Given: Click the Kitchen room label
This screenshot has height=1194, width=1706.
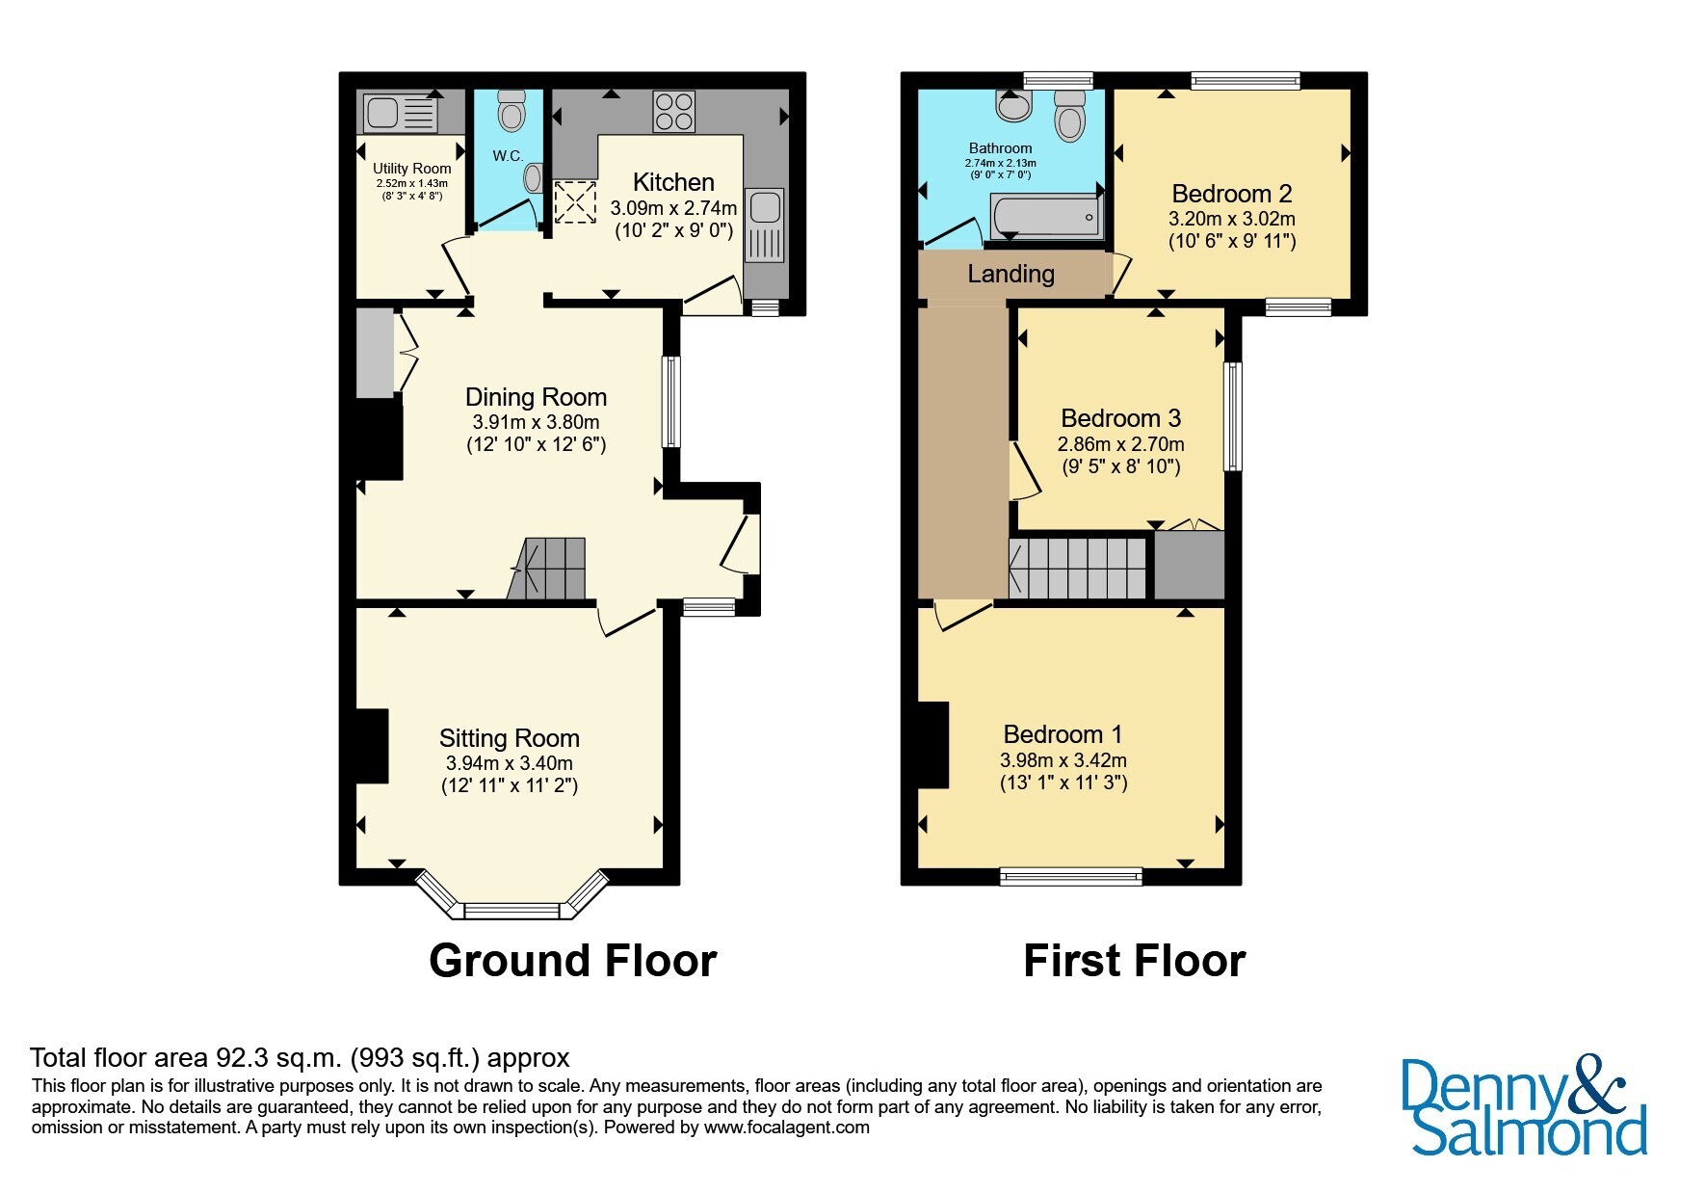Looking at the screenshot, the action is point(673,182).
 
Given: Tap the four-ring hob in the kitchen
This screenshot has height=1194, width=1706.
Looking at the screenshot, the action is point(674,111).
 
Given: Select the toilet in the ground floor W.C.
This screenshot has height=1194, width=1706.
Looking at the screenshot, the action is point(511,111).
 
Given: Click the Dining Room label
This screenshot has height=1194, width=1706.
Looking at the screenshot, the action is point(536,397).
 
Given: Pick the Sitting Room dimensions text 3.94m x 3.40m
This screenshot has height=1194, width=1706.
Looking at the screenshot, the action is point(509,762).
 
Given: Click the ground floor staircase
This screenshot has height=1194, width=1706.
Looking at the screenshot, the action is point(546,569).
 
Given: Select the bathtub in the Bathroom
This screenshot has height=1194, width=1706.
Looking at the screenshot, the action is point(1045,215).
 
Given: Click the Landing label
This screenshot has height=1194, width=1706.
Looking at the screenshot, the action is point(1010,274).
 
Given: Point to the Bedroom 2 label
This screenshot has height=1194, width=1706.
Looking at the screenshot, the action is point(1232,194).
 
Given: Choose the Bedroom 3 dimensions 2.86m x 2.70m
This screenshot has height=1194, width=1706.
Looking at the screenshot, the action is point(1121,444).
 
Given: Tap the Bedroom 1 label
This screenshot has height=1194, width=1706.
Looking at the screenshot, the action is point(1063,734).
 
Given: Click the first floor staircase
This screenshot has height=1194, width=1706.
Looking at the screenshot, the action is point(1077,569).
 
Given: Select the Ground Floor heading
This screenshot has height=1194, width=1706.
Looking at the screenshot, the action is point(573,961).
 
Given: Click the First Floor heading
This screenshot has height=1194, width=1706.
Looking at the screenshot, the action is point(1135,961).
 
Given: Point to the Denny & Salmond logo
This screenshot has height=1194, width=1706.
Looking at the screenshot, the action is point(1524,1106).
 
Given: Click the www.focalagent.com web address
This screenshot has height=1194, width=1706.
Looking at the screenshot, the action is point(787,1128).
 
